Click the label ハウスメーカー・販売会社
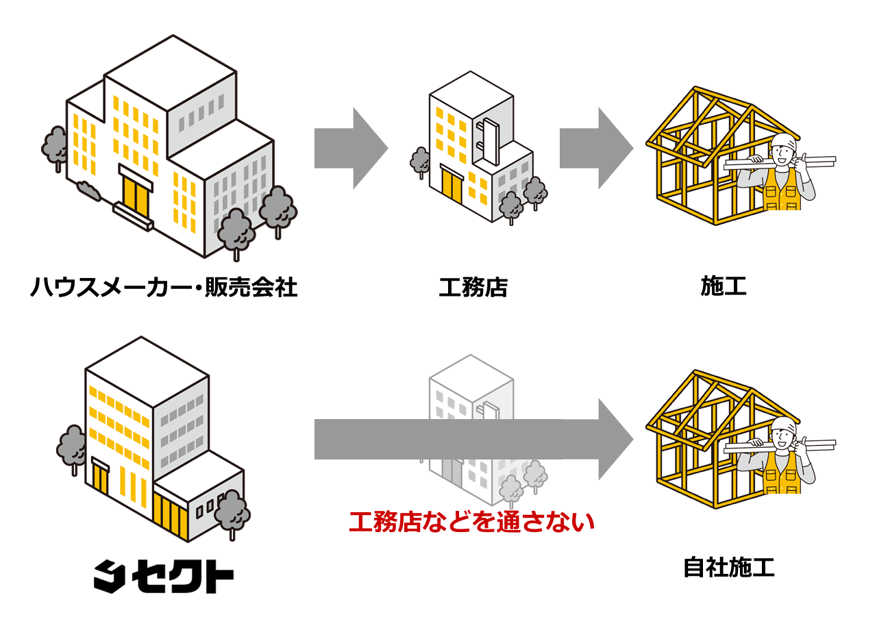click(x=163, y=287)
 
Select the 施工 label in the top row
click(x=724, y=287)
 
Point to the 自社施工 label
click(x=729, y=568)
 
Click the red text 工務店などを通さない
click(x=471, y=523)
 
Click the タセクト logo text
click(x=163, y=577)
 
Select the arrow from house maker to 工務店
click(x=351, y=148)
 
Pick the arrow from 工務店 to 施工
click(x=595, y=148)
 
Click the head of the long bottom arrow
click(x=615, y=439)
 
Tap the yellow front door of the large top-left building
click(x=136, y=195)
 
